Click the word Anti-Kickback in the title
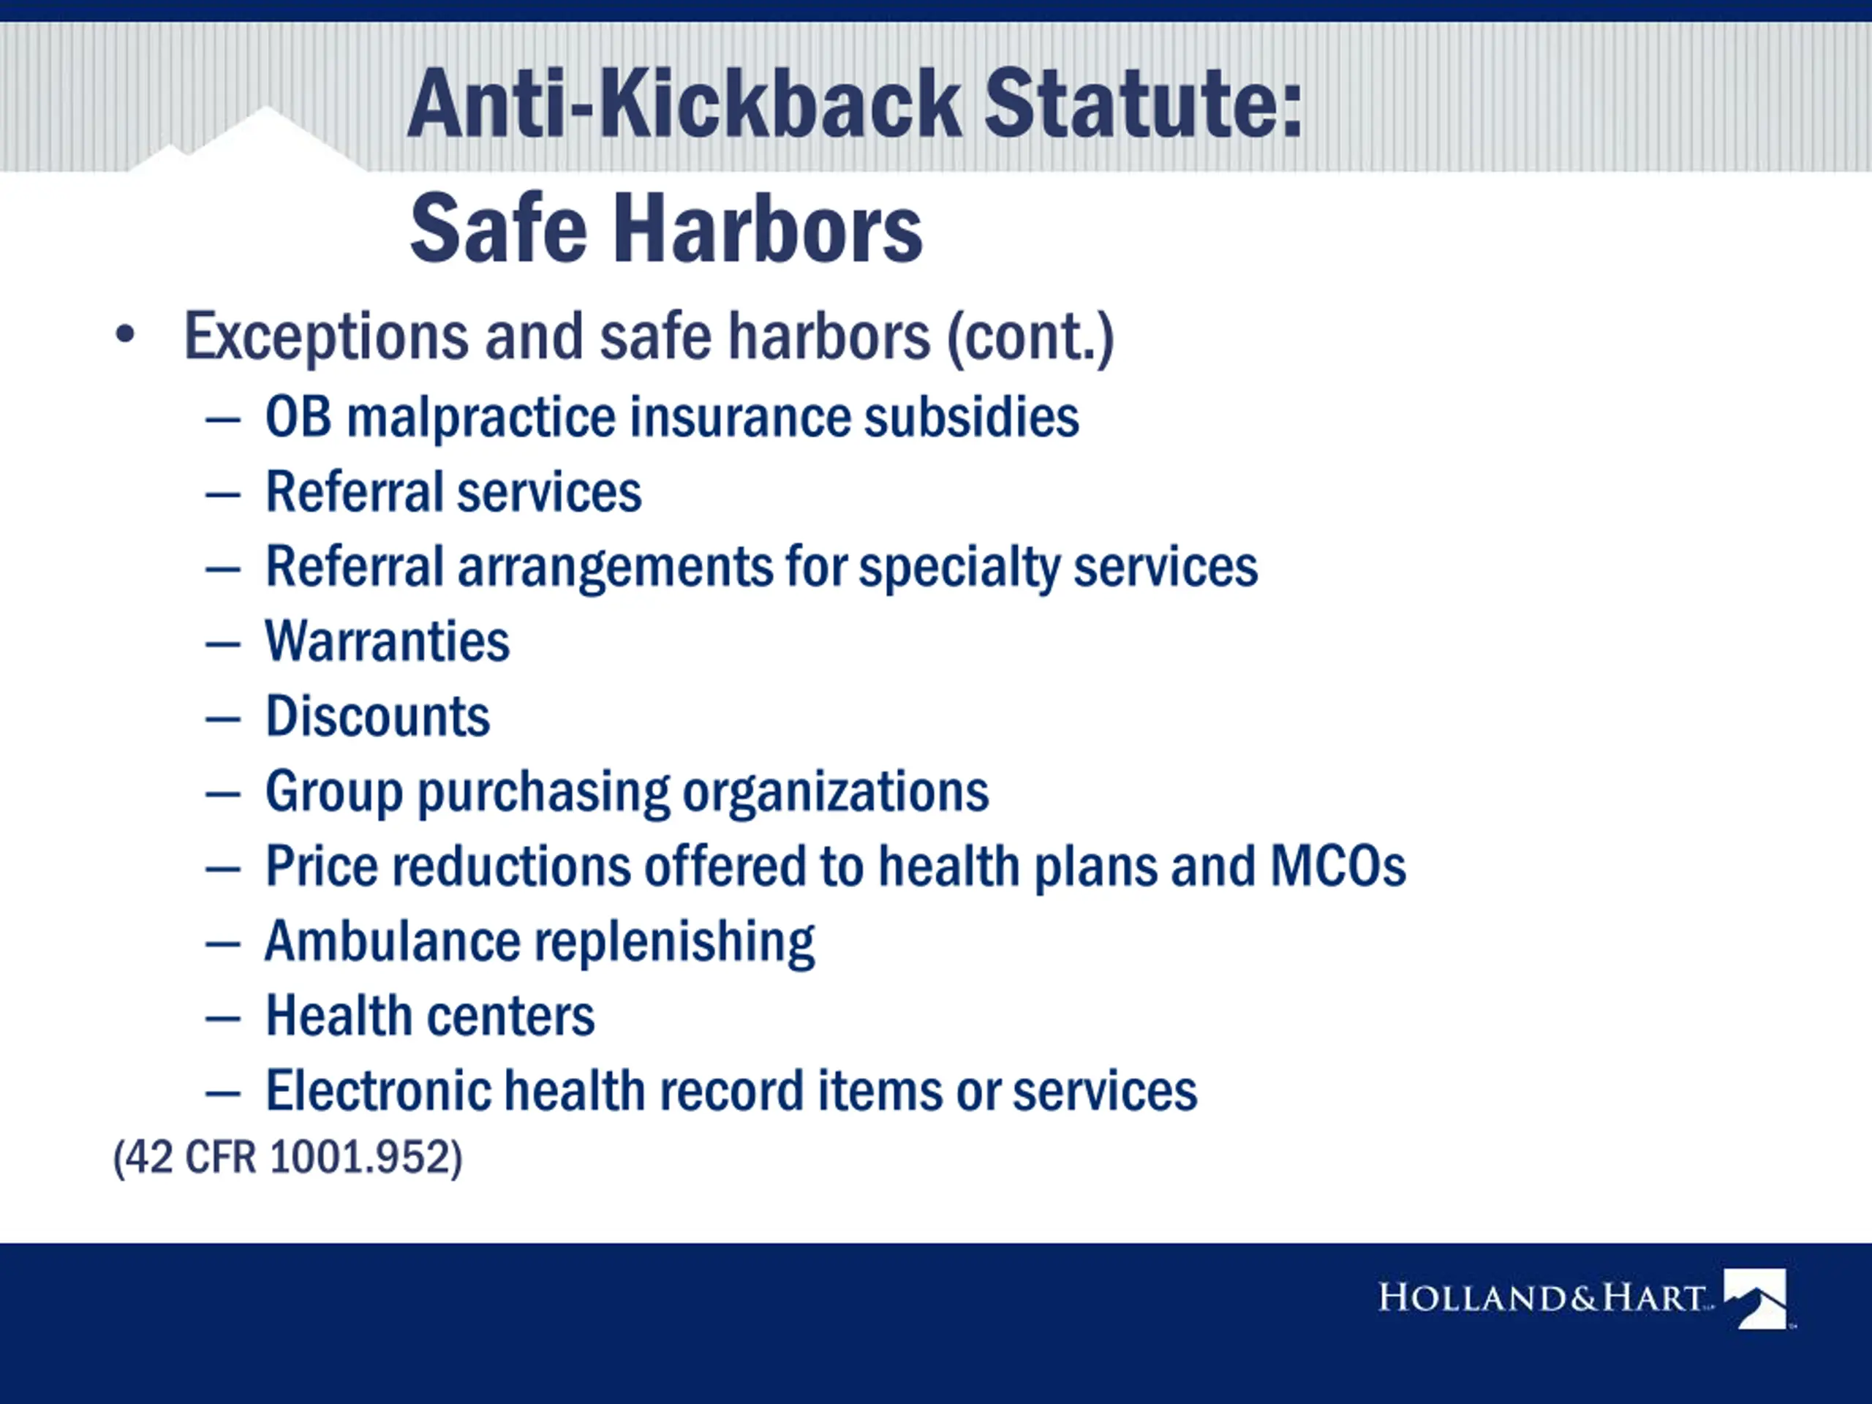(x=684, y=103)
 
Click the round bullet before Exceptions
(x=125, y=335)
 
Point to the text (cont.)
(x=1030, y=338)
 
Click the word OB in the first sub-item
(x=298, y=418)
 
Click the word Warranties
(x=388, y=641)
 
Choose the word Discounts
(x=377, y=717)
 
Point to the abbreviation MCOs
(x=1338, y=867)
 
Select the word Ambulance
(x=393, y=941)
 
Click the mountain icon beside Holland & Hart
(x=1755, y=1297)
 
